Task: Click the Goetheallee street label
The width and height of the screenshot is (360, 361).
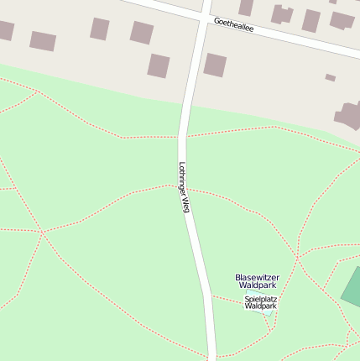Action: pyautogui.click(x=233, y=27)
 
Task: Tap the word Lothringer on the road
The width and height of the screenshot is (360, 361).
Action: pyautogui.click(x=183, y=179)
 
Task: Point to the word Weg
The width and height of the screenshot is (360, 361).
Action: pyautogui.click(x=186, y=204)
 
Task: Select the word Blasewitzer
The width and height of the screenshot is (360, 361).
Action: pyautogui.click(x=257, y=277)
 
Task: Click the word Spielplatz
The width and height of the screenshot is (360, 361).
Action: pyautogui.click(x=260, y=298)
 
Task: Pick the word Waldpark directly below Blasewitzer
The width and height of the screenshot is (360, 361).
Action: pyautogui.click(x=257, y=285)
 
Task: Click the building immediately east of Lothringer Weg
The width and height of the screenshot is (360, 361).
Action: pyautogui.click(x=215, y=65)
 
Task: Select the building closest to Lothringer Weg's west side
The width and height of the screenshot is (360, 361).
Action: pyautogui.click(x=159, y=65)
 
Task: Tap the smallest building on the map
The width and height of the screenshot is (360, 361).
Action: pyautogui.click(x=330, y=78)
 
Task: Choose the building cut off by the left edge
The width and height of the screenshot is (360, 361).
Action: pyautogui.click(x=5, y=31)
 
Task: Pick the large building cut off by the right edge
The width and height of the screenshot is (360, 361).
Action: pyautogui.click(x=350, y=115)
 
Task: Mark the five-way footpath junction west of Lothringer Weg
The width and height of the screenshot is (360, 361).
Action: pyautogui.click(x=43, y=231)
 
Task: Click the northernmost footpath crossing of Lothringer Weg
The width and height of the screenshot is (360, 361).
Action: pyautogui.click(x=183, y=136)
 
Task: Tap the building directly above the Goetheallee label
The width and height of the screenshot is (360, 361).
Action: pyautogui.click(x=246, y=7)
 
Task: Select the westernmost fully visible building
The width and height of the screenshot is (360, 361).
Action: pyautogui.click(x=42, y=41)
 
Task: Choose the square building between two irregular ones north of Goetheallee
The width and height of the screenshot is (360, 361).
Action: pyautogui.click(x=311, y=20)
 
